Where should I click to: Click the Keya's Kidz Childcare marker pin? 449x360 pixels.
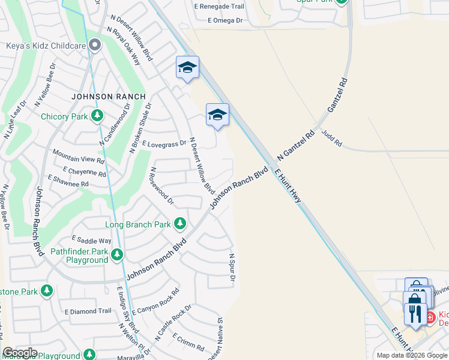coord(94,46)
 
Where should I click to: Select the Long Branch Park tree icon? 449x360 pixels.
coord(179,224)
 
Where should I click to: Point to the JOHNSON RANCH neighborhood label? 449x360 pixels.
coord(109,97)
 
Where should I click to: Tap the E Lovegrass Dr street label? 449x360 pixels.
coord(164,144)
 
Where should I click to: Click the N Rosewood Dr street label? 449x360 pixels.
coord(162,185)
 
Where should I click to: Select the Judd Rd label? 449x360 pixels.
coord(331,139)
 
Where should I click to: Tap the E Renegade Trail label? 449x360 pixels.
coord(219,6)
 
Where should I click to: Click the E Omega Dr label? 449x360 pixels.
coord(225,20)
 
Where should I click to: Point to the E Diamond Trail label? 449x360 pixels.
coord(88,311)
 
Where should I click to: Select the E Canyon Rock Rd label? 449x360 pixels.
coord(155,302)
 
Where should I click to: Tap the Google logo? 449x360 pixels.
coord(20,353)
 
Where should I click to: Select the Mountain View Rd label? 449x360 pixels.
coord(79,159)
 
